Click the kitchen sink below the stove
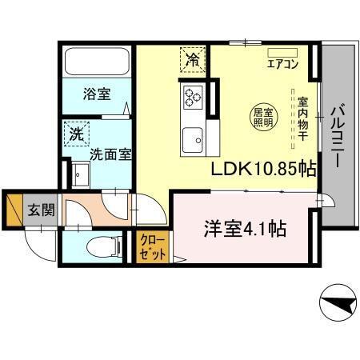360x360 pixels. pos(193,142)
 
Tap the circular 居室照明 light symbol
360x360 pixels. pos(263,116)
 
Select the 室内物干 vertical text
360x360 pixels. pos(304,120)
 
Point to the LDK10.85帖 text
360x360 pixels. pos(263,170)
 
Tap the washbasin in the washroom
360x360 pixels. pos(81,174)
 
